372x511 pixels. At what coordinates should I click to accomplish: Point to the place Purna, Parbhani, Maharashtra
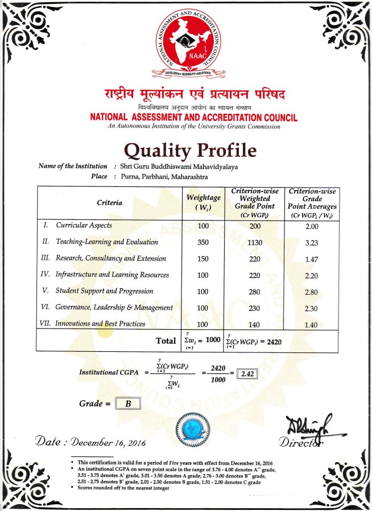(x=161, y=177)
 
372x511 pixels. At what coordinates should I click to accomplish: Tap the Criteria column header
(x=109, y=202)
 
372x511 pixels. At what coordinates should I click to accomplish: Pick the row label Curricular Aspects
(x=84, y=226)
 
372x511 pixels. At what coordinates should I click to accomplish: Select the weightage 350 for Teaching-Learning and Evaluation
(x=204, y=242)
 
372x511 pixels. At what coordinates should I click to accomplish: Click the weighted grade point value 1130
(x=254, y=242)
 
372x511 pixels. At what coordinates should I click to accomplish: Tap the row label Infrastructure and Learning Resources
(x=112, y=275)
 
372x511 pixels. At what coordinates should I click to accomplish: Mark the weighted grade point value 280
(x=254, y=292)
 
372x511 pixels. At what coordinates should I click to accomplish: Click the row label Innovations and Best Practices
(x=100, y=324)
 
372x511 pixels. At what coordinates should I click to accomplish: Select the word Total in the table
(x=166, y=340)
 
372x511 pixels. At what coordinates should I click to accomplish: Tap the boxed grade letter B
(x=129, y=404)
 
